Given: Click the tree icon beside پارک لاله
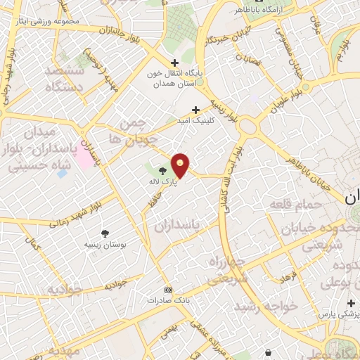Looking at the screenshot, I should [163, 170].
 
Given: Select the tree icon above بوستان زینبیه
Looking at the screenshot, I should [105, 233].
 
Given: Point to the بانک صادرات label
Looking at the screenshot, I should [167, 300].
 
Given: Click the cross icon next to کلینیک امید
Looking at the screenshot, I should [196, 109].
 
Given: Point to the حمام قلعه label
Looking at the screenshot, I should [295, 204].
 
